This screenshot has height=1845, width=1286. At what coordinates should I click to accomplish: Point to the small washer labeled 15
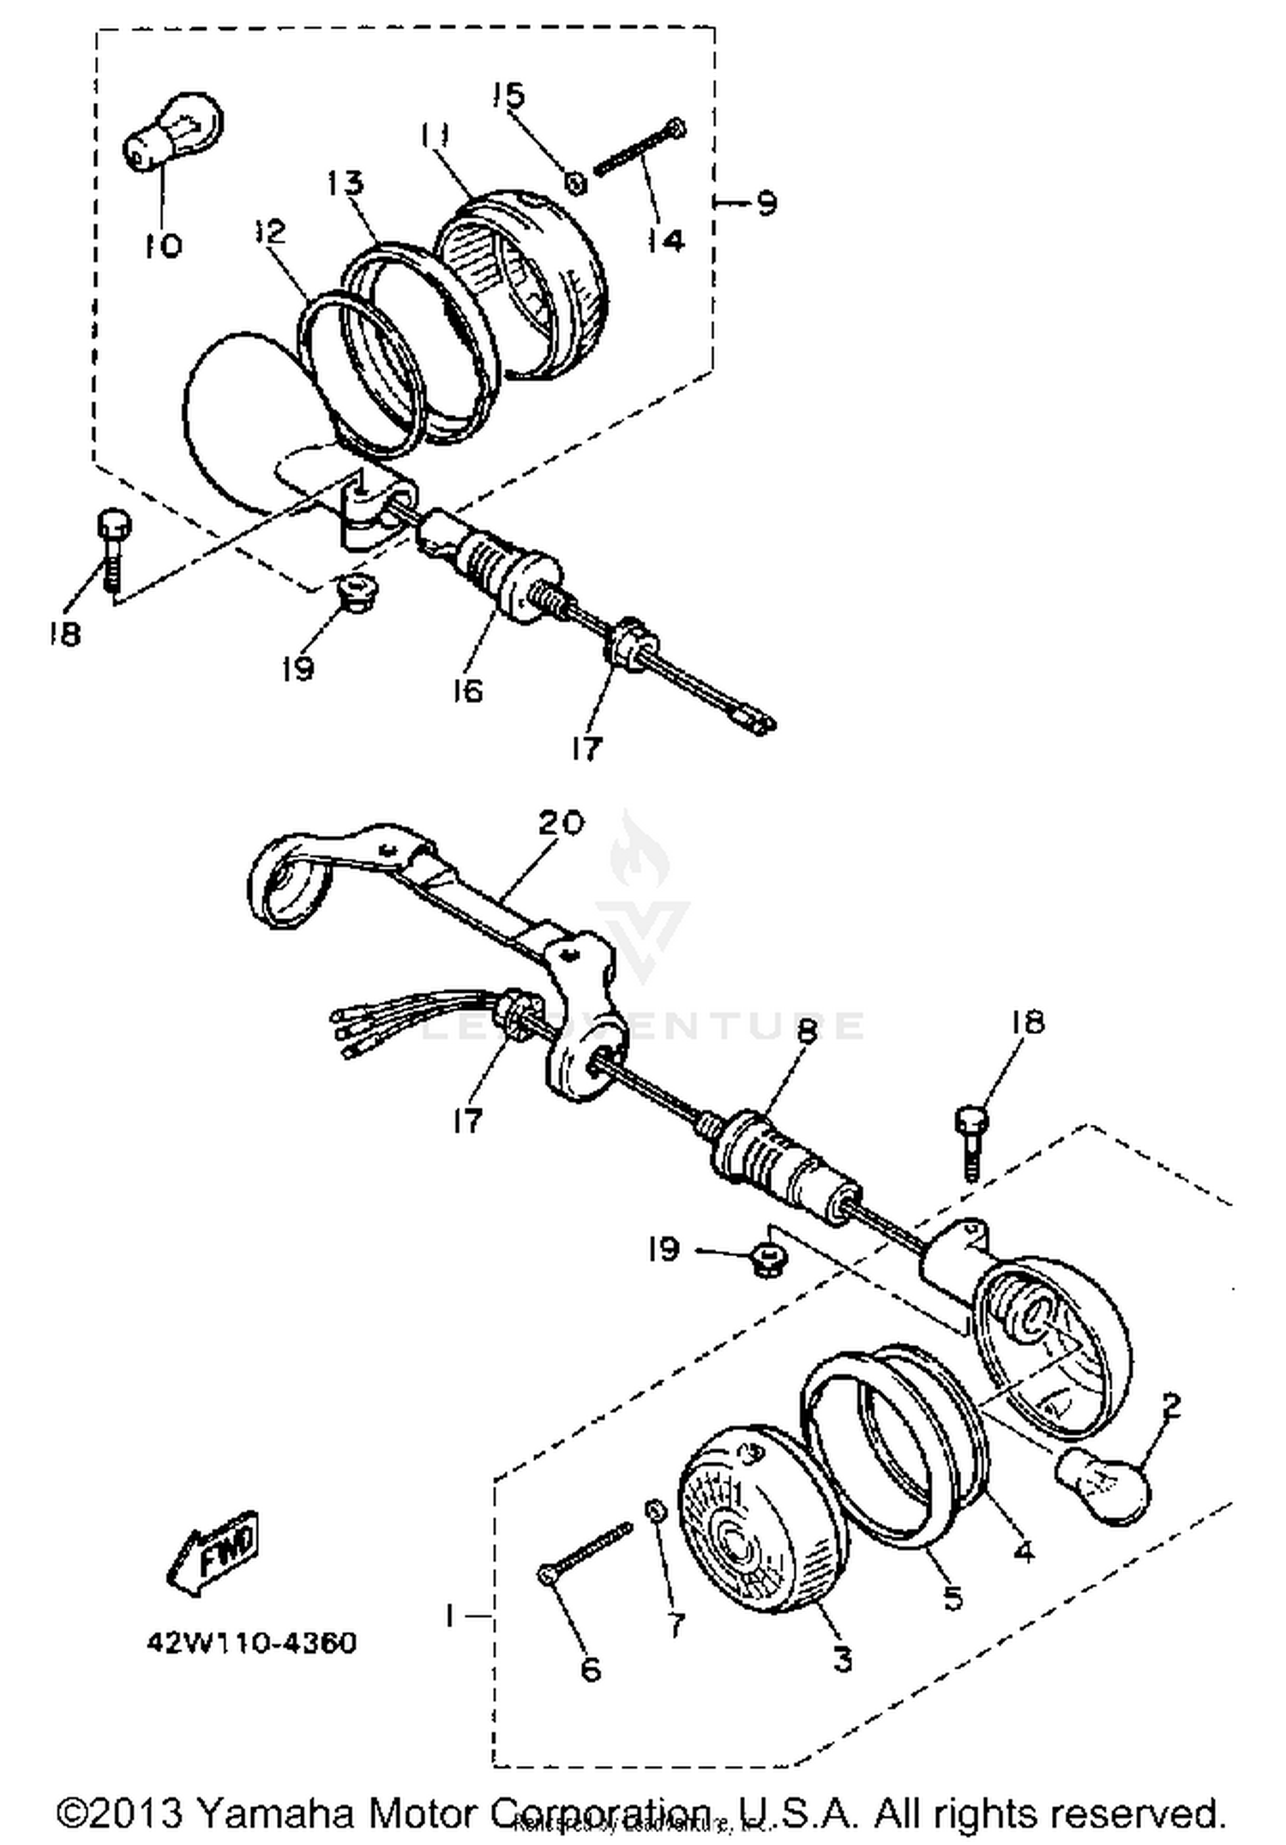[x=577, y=183]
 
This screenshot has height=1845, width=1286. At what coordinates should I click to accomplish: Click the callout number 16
[x=468, y=690]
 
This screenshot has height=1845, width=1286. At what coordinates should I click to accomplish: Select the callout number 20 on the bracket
[x=561, y=823]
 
